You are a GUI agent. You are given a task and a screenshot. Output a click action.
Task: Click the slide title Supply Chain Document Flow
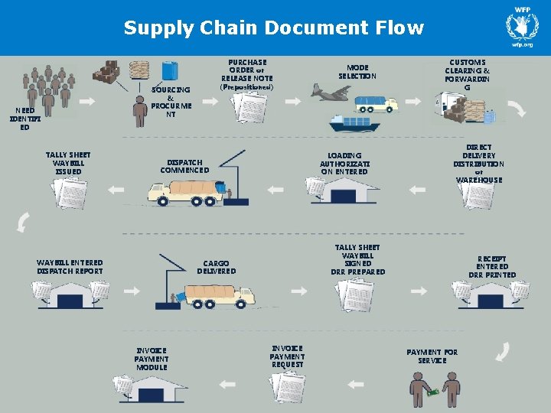click(273, 28)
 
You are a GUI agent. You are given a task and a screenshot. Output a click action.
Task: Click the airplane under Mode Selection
click(331, 93)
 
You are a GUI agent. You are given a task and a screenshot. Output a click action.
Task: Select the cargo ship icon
click(354, 122)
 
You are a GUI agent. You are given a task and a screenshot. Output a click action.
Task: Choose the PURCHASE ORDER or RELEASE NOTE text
click(247, 73)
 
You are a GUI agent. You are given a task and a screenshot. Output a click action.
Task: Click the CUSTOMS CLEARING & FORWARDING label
click(467, 74)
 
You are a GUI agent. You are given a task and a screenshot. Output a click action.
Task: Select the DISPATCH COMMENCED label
click(184, 166)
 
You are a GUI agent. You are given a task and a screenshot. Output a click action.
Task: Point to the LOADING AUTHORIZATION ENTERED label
click(344, 163)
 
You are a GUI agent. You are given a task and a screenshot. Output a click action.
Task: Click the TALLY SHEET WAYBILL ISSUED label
click(69, 163)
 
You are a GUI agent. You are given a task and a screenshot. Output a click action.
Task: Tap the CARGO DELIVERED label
click(216, 266)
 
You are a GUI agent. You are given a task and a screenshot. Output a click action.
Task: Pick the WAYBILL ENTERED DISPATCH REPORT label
click(70, 266)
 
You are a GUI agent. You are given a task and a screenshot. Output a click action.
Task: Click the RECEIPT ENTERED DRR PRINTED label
click(492, 267)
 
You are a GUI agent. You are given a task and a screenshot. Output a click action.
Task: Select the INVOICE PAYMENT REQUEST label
click(287, 356)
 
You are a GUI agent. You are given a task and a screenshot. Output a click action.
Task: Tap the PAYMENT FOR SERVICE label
click(432, 356)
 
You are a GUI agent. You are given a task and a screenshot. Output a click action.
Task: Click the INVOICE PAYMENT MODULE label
click(152, 358)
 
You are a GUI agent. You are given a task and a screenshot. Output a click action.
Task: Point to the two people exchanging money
click(434, 390)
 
